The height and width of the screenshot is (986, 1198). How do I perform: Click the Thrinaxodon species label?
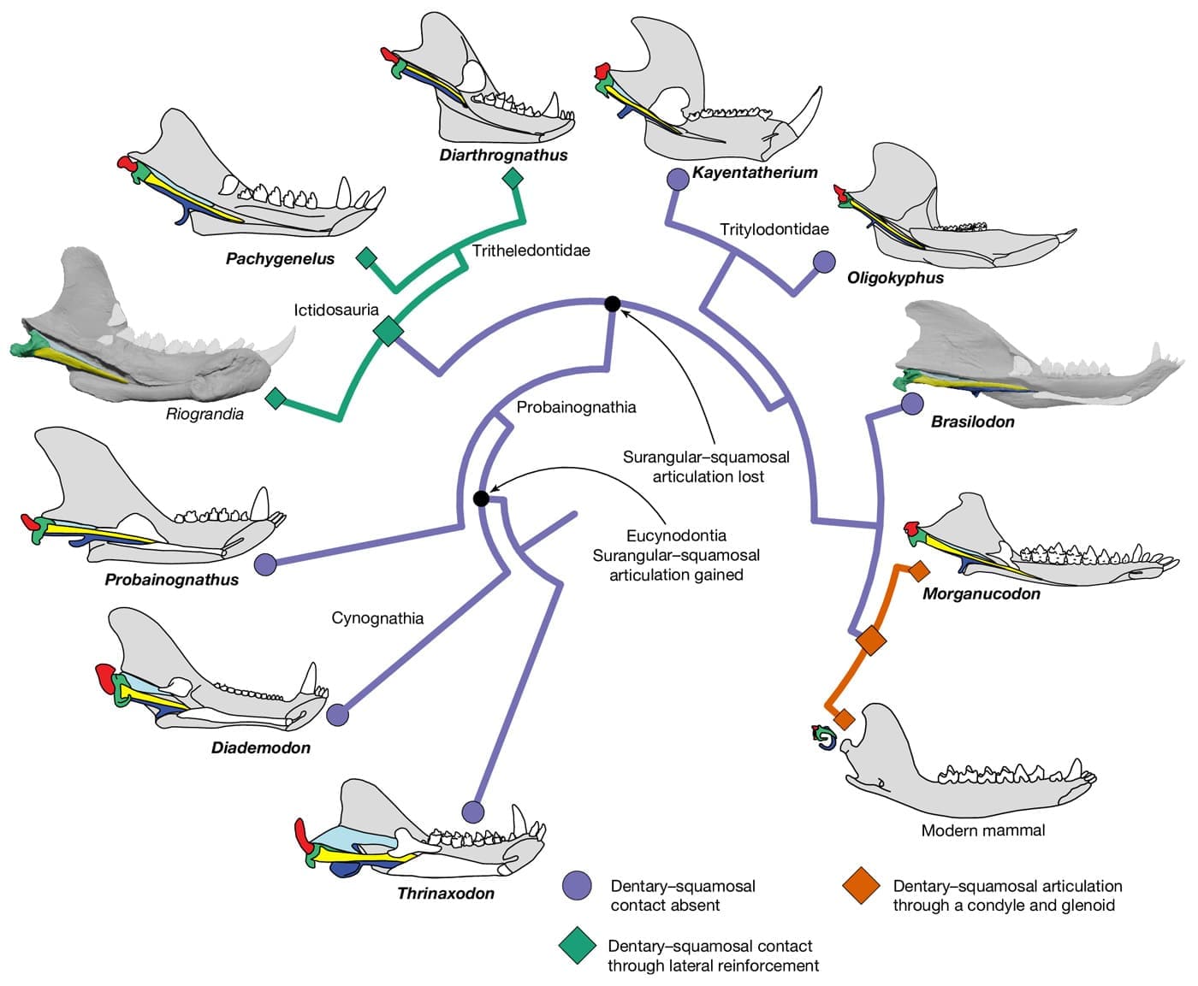coord(446,893)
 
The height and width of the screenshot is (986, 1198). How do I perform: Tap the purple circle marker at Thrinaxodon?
coord(472,812)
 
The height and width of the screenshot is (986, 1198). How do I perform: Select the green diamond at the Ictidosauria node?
coord(388,331)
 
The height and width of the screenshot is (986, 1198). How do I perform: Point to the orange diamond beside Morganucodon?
coord(918,570)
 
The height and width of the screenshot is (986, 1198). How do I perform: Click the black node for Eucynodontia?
coord(482,499)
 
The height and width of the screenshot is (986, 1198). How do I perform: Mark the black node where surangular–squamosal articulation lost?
coord(612,304)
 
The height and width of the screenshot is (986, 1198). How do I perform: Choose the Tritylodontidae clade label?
coord(774,229)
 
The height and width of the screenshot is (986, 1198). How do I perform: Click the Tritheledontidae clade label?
coord(531,251)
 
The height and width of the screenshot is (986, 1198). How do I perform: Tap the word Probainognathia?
coord(576,407)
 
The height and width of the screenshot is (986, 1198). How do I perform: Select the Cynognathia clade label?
coord(377,617)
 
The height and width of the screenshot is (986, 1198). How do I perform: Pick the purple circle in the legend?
coord(577,885)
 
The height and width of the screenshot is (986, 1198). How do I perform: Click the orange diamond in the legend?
coord(861,885)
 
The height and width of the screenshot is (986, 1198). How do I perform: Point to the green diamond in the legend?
coord(578,945)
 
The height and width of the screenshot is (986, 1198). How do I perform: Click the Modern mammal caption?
coord(983,830)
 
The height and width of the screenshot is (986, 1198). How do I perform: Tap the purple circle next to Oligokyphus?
coord(824,262)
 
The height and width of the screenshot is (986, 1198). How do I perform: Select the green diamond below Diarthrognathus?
coord(513,179)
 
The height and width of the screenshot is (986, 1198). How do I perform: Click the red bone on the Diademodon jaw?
coord(105,677)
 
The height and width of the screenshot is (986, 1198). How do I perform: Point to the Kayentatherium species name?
coord(755,172)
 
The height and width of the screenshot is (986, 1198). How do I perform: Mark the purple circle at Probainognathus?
coord(265,564)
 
